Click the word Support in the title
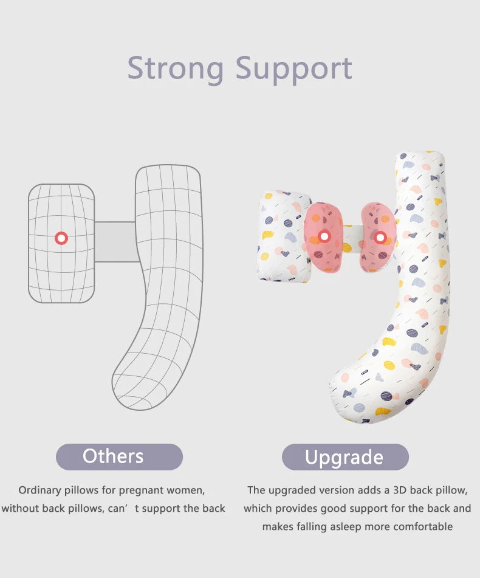(294, 69)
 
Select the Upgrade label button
(345, 457)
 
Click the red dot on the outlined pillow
(61, 238)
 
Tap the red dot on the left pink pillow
(324, 236)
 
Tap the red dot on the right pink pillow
(380, 236)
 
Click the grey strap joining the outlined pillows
(115, 242)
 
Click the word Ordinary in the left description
(40, 490)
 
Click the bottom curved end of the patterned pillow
(352, 395)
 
